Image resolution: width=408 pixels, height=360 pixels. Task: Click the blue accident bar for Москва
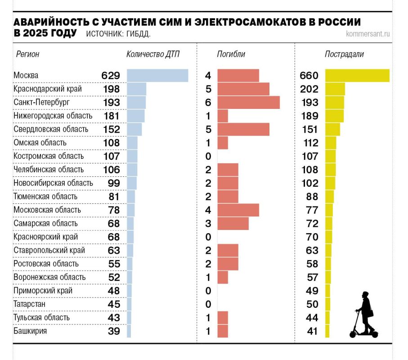157,75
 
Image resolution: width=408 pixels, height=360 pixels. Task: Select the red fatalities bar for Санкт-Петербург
248,102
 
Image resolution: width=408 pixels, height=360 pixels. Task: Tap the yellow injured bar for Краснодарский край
335,89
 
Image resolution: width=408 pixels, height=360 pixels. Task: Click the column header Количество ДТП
153,54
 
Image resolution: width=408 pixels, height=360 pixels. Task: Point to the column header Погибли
231,54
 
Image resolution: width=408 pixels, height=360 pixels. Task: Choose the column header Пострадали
344,54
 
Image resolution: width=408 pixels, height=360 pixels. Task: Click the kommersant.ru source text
368,34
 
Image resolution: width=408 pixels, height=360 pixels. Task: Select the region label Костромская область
49,156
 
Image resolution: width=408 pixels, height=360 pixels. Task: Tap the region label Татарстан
30,304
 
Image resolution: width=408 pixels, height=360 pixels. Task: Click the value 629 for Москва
111,75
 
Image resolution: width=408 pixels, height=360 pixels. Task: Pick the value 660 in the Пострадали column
309,75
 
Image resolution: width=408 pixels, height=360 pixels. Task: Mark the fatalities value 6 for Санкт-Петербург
208,102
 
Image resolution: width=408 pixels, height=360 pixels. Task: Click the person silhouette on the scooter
364,315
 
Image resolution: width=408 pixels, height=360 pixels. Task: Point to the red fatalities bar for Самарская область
233,223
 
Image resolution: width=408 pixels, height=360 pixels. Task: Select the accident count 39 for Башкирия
114,331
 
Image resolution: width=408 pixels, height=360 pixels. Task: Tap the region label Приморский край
43,291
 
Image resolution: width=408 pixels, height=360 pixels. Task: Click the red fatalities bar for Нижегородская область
223,116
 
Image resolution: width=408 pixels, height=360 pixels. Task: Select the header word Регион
28,54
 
